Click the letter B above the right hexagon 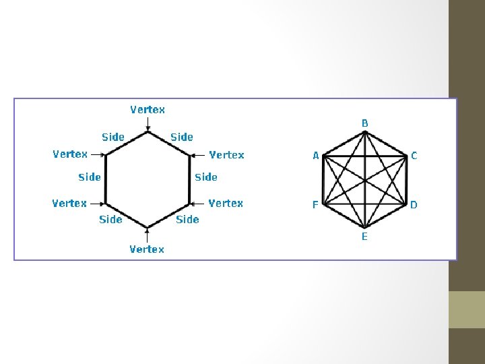[x=364, y=123]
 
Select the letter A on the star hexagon [x=315, y=156]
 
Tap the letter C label [x=414, y=156]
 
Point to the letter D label [x=414, y=204]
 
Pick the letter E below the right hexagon [x=364, y=237]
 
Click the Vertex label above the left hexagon [x=148, y=109]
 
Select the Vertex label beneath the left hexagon [x=147, y=249]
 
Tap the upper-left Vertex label [x=70, y=154]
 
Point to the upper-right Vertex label [x=226, y=155]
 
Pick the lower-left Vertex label [x=69, y=203]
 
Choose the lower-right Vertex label [x=226, y=203]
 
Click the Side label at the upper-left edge [x=113, y=137]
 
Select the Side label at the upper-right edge [x=182, y=137]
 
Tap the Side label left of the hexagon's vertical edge [x=90, y=177]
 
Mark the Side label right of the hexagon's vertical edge [x=206, y=177]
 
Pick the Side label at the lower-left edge [x=110, y=219]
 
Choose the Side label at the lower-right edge [x=187, y=219]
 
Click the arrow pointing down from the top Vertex [x=148, y=123]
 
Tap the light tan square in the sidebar [x=467, y=309]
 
